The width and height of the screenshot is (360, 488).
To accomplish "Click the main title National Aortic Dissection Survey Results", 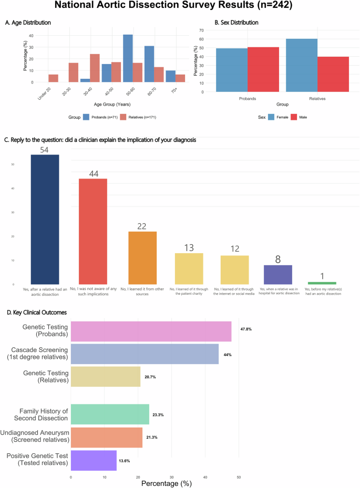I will point(180,7).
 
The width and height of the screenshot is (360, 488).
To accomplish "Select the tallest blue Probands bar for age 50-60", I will point(128,58).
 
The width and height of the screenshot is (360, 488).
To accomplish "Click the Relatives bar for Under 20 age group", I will point(53,78).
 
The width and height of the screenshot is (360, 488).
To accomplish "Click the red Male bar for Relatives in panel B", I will point(333,74).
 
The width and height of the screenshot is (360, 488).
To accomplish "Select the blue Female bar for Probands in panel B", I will point(232,70).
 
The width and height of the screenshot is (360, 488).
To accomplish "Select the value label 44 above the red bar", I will point(93,173).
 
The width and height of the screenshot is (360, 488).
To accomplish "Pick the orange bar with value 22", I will point(142,257).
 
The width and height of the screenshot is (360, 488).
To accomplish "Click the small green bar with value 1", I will point(322,283).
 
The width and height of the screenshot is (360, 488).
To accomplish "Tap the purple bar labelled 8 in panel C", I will point(277,274).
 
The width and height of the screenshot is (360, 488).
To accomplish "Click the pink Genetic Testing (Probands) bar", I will point(151,331).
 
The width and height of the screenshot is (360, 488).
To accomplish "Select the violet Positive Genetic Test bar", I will point(94,460).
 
